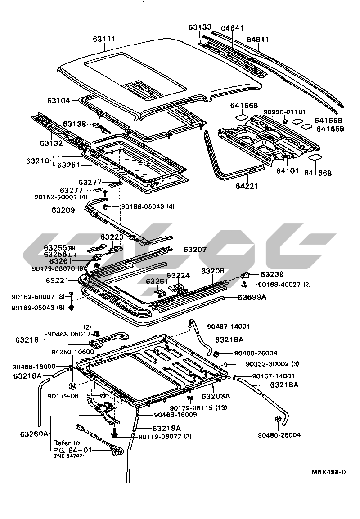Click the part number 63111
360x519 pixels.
pos(104,39)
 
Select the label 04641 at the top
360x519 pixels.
pos(232,28)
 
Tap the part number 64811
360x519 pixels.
pos(258,40)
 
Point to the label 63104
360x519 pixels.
pos(58,101)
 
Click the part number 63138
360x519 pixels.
pos(74,124)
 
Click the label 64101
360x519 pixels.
pos(287,170)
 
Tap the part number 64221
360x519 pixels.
pos(247,185)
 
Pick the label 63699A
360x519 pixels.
pos(252,297)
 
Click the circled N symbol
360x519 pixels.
pos(71,385)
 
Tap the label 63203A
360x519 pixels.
pos(216,396)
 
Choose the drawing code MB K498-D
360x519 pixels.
pos(329,472)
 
